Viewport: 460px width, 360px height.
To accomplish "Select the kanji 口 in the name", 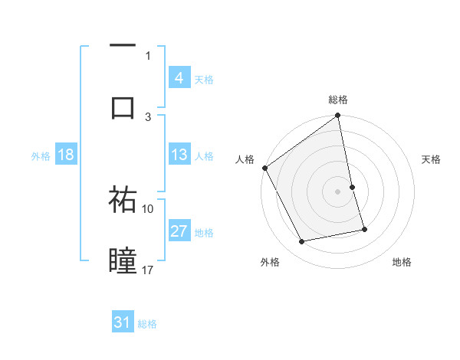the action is coord(123,106).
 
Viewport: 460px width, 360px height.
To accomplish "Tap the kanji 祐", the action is coord(123,201).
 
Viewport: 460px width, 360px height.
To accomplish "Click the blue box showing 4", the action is coord(179,77).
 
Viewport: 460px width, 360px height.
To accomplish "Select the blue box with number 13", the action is coord(179,155).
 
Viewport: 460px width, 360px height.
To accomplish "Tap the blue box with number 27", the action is coord(179,231).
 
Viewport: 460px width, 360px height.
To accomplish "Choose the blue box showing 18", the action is coord(66,155).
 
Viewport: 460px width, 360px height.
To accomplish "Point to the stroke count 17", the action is coord(148,270).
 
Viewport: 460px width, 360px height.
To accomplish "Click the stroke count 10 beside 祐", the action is coord(148,208).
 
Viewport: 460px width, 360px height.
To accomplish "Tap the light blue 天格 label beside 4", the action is coord(204,79).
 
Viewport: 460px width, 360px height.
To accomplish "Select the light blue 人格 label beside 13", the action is coord(204,156).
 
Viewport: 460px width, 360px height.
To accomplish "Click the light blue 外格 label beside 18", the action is coord(41,156).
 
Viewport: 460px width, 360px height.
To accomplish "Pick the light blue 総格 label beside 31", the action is coord(147,324).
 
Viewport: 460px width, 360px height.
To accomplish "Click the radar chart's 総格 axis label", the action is coord(338,100).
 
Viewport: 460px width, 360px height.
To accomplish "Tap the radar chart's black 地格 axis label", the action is coord(402,262).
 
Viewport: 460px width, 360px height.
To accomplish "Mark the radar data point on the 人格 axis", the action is coord(264,168).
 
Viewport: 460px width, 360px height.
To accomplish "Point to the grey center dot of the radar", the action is coord(338,191).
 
